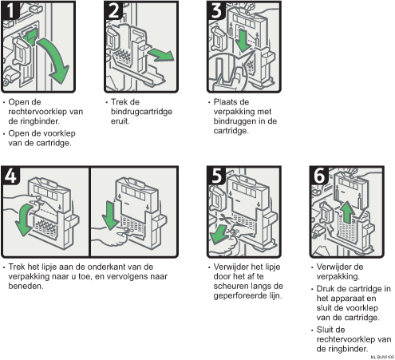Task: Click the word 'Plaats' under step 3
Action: point(227,103)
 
